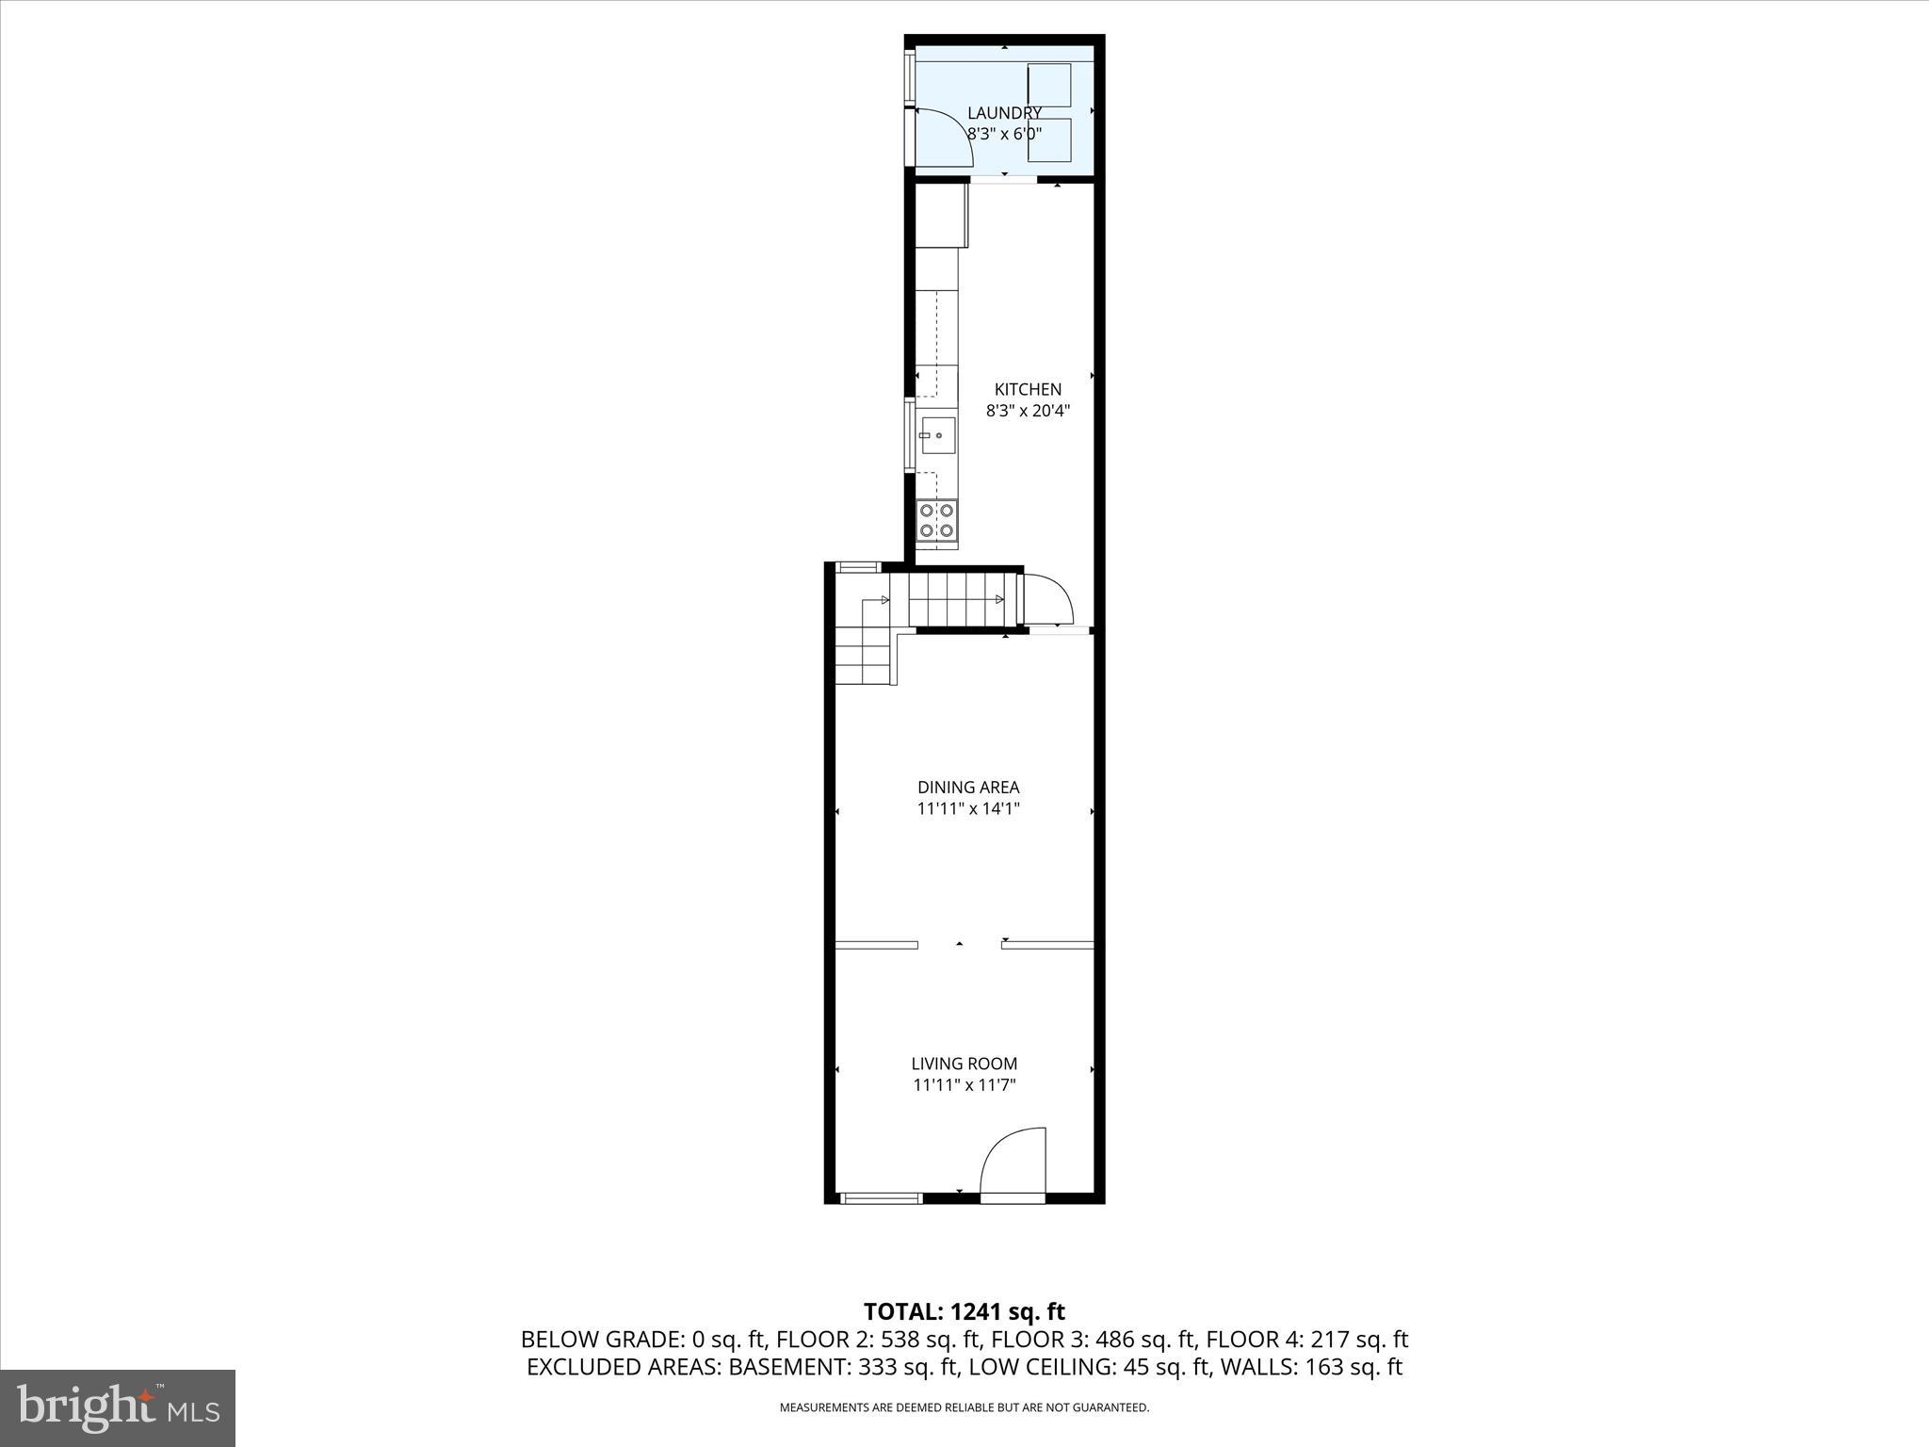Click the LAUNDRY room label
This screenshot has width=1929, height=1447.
click(x=1004, y=113)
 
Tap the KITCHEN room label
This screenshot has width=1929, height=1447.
click(x=1028, y=389)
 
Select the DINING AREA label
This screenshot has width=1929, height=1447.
click(x=968, y=787)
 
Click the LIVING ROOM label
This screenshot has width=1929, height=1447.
click(x=964, y=1064)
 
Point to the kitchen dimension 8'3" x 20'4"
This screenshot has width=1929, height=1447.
click(x=1028, y=411)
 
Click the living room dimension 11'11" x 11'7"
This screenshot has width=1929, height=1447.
click(x=964, y=1085)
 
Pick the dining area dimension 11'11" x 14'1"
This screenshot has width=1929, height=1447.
click(x=968, y=808)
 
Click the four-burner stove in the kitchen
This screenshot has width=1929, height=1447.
click(x=937, y=521)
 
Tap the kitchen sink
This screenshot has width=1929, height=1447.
click(x=937, y=436)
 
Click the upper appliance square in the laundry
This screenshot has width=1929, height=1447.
click(x=1049, y=85)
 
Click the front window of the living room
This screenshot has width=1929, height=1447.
click(x=881, y=1197)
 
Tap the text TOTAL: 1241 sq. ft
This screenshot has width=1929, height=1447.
click(x=964, y=1311)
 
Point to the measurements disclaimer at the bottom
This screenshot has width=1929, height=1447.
click(x=964, y=1407)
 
